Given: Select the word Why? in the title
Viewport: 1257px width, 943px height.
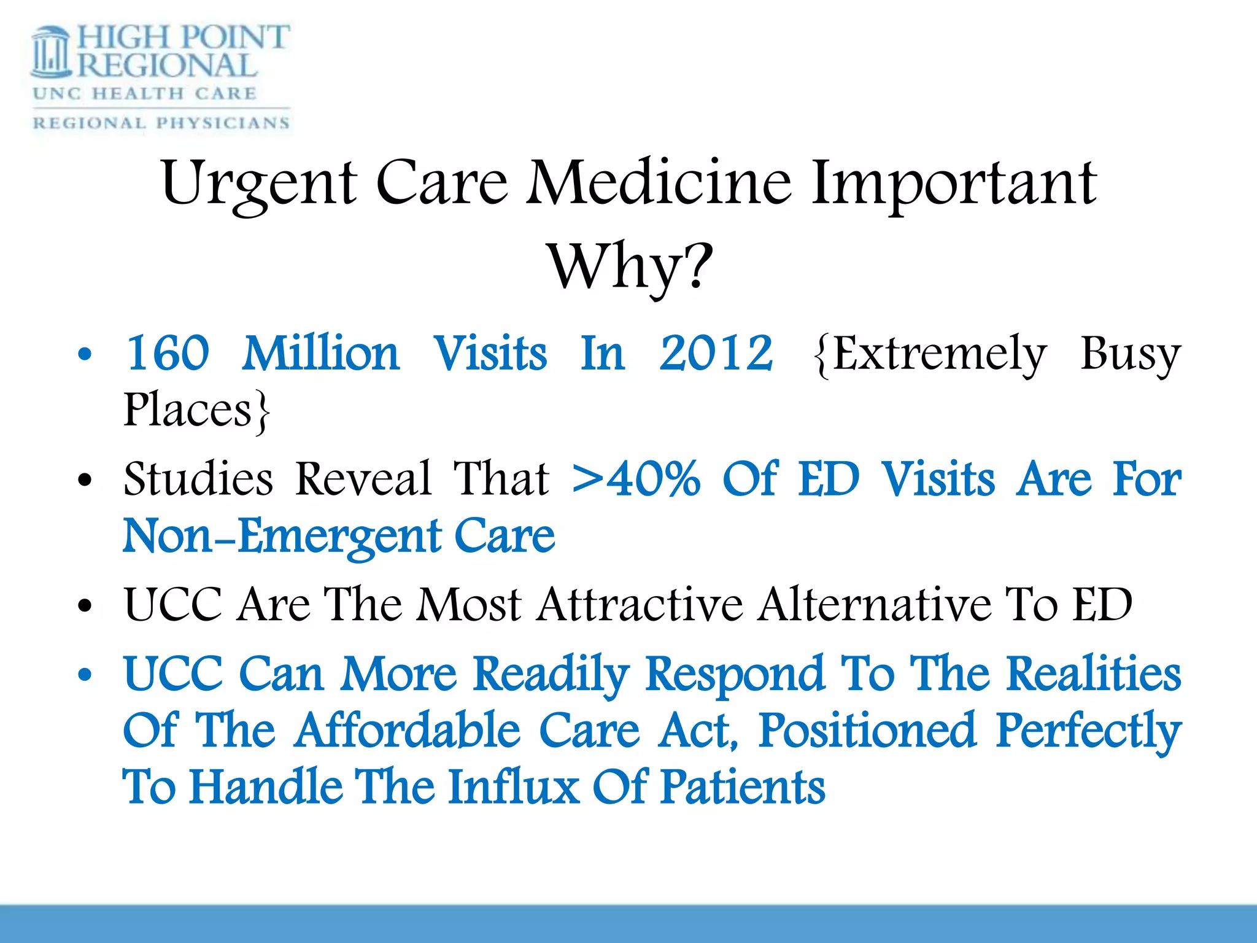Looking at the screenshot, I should click(630, 267).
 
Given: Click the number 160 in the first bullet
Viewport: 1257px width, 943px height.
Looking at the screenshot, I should click(168, 354).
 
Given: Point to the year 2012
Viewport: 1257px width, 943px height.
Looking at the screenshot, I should click(716, 354).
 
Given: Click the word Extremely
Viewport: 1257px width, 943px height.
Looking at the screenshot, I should click(930, 355).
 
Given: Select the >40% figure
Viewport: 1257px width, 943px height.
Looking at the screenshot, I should click(636, 479).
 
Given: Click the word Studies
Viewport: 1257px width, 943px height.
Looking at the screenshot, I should click(198, 479).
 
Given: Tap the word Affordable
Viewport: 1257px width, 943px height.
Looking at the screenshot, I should click(408, 731).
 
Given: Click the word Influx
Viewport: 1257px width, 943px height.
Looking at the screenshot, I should click(514, 787).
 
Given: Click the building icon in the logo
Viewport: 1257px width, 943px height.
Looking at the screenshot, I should click(52, 53).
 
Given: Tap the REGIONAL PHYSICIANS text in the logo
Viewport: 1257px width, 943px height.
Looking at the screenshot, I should click(161, 123).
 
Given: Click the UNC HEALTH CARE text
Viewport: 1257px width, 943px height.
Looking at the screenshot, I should click(145, 93).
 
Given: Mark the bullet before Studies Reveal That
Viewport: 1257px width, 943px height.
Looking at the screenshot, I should click(85, 481).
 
